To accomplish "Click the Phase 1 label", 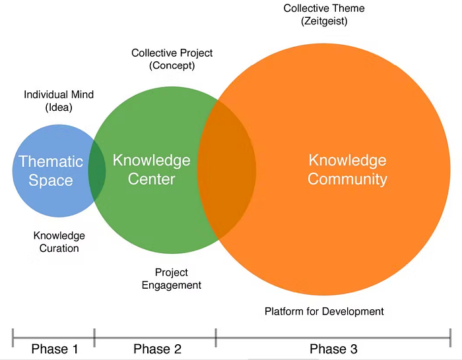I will pyautogui.click(x=54, y=349).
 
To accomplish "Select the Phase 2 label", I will pyautogui.click(x=157, y=349).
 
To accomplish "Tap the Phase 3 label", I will pyautogui.click(x=334, y=349).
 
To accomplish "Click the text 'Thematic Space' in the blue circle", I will pyautogui.click(x=51, y=170).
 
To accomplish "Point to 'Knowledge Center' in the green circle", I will pyautogui.click(x=152, y=169).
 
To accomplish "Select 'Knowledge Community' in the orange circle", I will pyautogui.click(x=347, y=169).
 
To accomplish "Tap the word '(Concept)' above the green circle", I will pyautogui.click(x=172, y=65).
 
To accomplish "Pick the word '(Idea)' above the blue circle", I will pyautogui.click(x=59, y=107).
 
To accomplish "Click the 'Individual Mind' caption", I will pyautogui.click(x=59, y=94).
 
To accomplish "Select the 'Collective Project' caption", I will pyautogui.click(x=172, y=53).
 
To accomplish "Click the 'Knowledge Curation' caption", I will pyautogui.click(x=59, y=242).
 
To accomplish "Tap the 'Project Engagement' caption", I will pyautogui.click(x=172, y=279).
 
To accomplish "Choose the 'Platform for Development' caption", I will pyautogui.click(x=324, y=311).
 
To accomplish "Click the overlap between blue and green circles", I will pyautogui.click(x=97, y=170).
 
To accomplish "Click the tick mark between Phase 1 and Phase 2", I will pyautogui.click(x=94, y=338).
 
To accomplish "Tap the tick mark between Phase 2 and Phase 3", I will pyautogui.click(x=216, y=338).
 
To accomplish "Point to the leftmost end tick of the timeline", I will pyautogui.click(x=13, y=338).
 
